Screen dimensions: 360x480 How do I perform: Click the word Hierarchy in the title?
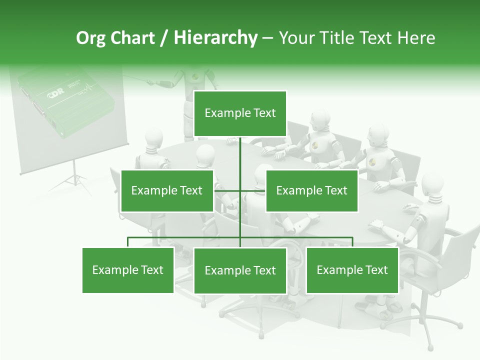coord(215,38)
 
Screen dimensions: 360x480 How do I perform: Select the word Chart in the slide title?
coord(133,38)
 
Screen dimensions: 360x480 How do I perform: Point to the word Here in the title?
coord(416,38)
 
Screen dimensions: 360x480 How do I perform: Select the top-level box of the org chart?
coord(240,113)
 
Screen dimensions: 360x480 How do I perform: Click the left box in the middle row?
coord(166,190)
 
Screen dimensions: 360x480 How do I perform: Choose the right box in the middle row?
coord(311,190)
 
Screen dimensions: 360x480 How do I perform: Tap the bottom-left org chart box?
coord(128,270)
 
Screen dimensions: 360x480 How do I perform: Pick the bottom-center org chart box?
coord(240,270)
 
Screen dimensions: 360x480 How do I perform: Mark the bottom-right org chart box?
coord(352,270)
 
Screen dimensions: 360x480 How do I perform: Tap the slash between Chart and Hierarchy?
coord(164,38)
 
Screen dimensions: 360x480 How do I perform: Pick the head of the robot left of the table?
coord(154,138)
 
